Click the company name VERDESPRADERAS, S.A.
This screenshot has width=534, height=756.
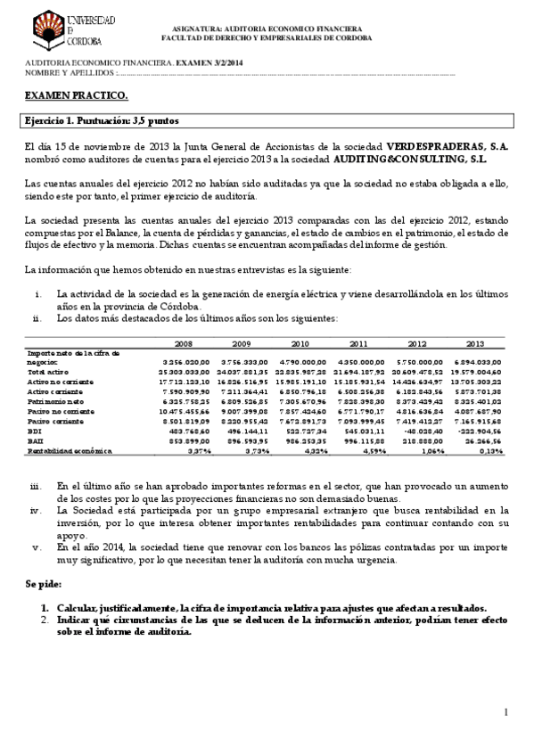(448, 146)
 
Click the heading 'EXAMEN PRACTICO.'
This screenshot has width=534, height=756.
(75, 94)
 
